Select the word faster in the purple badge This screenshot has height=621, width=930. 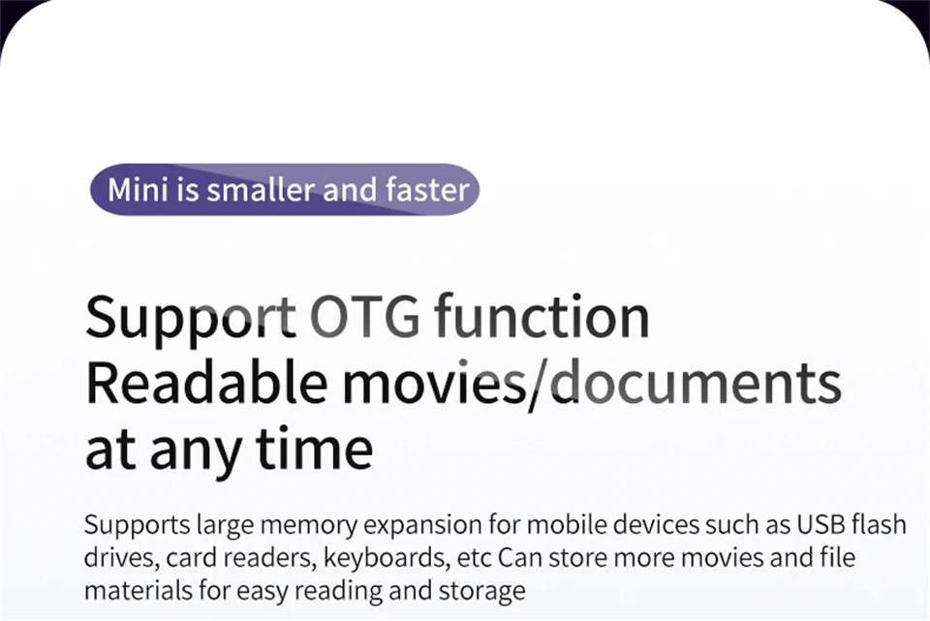point(427,190)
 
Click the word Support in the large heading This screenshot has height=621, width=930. point(191,319)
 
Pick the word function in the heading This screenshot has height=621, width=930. point(542,316)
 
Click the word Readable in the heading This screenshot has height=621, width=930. point(205,383)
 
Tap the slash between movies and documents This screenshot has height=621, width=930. point(539,385)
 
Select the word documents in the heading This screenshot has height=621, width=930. point(697,383)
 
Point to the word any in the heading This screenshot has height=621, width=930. point(195,453)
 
